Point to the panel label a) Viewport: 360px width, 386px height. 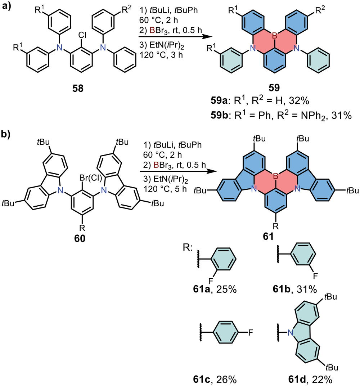[x=8, y=6]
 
